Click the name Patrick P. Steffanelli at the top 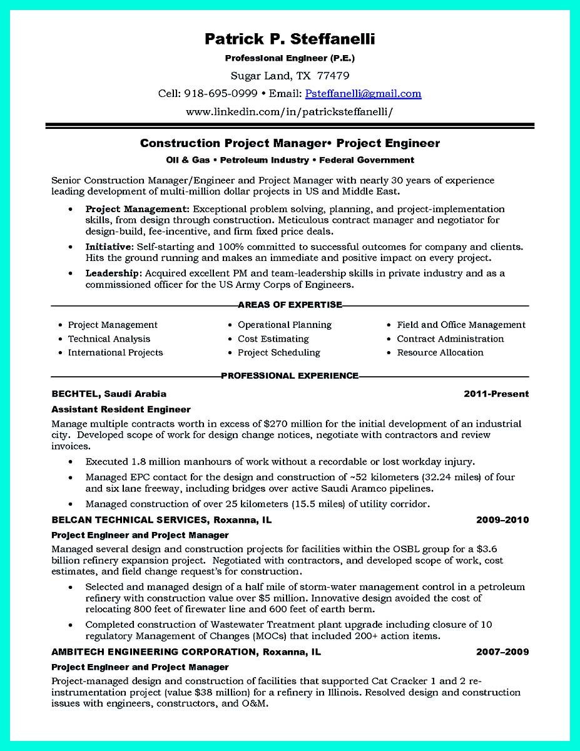coord(290,39)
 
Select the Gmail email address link coord(363,94)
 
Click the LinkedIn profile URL coord(290,112)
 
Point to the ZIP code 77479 coord(334,76)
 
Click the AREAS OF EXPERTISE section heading coord(290,305)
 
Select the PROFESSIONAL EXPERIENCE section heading coord(290,375)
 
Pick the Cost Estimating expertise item coord(273,339)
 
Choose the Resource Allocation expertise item coord(440,352)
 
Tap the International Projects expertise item coord(115,352)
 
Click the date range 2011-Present coord(496,394)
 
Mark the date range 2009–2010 coord(502,519)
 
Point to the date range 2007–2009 coord(502,651)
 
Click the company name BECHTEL coord(75,394)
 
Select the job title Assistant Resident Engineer coord(121,409)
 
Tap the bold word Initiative coord(109,247)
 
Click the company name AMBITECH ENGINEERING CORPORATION coord(153,651)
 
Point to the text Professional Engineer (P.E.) coord(290,58)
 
